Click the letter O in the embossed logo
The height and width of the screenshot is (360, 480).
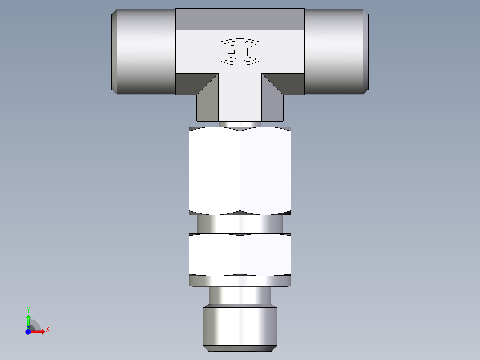point(250,52)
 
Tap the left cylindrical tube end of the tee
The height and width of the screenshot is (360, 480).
point(143,51)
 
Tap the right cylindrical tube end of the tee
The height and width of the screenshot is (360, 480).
point(336,51)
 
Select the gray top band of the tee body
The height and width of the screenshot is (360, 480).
point(240,19)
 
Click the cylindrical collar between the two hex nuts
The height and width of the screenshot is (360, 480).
point(240,224)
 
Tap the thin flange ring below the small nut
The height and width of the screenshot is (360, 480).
point(240,281)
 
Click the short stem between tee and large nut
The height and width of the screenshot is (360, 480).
point(240,124)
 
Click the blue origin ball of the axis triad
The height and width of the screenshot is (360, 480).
point(28,331)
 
